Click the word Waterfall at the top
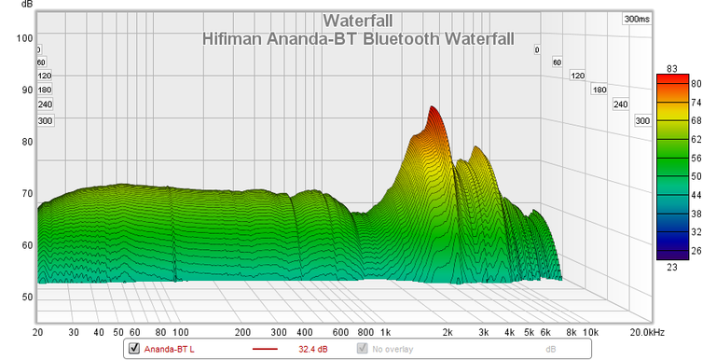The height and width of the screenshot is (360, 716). click(357, 21)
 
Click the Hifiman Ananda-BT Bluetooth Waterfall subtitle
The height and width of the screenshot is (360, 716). click(357, 39)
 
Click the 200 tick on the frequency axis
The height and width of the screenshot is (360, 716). click(243, 332)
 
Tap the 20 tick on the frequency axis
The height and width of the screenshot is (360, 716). click(37, 332)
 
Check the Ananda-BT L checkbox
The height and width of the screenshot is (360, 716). click(133, 350)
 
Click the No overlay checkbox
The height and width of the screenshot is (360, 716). click(363, 350)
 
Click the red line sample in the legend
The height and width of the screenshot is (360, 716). click(266, 350)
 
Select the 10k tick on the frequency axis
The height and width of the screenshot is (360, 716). click(588, 332)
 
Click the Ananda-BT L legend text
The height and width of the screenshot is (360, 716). click(168, 350)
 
